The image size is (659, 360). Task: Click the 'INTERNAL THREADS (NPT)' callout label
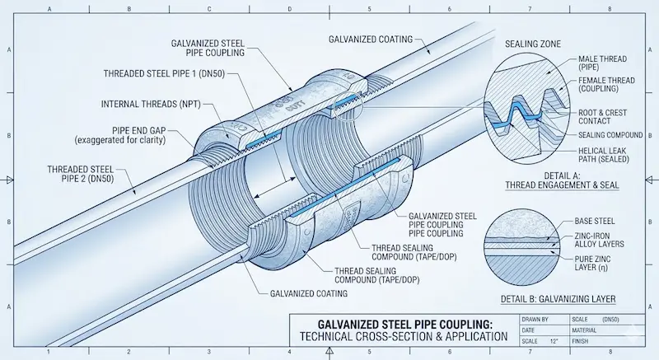tap(151, 104)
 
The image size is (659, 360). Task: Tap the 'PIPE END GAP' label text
tap(138, 131)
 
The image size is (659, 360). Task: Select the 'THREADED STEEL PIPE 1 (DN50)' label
tap(164, 74)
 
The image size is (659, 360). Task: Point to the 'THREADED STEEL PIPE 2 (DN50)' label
tap(80, 174)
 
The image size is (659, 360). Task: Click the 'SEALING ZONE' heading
tap(532, 44)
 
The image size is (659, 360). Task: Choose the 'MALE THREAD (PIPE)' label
tap(602, 63)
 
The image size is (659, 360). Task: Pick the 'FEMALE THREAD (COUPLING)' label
tap(606, 84)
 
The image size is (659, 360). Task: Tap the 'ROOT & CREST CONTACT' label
tap(602, 117)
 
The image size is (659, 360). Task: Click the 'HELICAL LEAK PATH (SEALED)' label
tap(604, 155)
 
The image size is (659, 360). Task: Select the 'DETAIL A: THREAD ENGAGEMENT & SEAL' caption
tap(562, 180)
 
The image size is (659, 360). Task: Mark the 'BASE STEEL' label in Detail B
tap(594, 221)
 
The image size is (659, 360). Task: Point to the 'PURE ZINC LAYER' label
tap(592, 263)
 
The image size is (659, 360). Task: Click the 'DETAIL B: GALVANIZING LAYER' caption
tap(558, 299)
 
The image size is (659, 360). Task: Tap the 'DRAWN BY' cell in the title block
tap(535, 320)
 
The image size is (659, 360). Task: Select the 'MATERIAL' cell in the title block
tap(584, 330)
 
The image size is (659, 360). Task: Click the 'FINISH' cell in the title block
tap(580, 342)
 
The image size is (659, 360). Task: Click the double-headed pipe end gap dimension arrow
tap(275, 187)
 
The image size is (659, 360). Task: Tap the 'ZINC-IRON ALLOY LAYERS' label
tap(599, 240)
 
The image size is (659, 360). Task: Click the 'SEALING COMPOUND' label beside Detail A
tap(610, 135)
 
